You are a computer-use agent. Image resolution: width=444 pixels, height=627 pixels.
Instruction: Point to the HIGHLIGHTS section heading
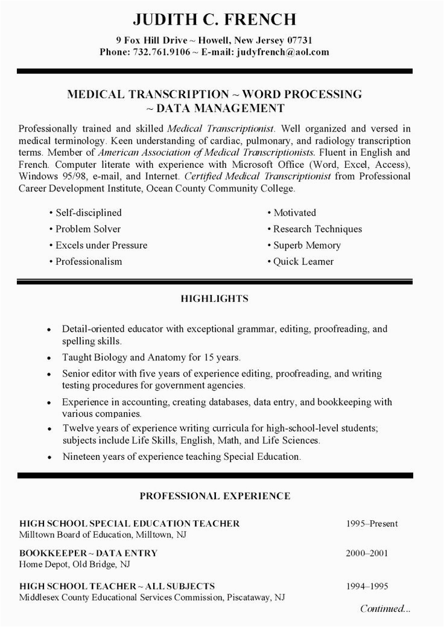click(x=215, y=298)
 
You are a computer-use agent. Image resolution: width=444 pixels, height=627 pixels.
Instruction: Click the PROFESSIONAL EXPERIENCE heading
click(x=215, y=496)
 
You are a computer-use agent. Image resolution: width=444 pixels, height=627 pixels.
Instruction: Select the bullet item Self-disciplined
click(x=89, y=213)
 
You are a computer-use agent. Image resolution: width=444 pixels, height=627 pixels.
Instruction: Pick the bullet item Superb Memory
click(x=306, y=246)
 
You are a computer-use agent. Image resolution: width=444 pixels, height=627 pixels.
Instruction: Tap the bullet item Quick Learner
click(x=303, y=262)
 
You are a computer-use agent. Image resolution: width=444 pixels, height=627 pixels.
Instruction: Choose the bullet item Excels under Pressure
click(x=101, y=246)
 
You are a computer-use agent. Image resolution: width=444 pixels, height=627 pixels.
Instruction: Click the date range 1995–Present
click(x=372, y=524)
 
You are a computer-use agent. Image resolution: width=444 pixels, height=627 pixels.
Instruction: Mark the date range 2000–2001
click(x=367, y=553)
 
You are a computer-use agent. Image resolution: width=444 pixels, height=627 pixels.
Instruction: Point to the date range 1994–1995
click(x=367, y=586)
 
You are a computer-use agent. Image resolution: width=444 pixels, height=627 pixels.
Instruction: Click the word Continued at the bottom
click(x=384, y=609)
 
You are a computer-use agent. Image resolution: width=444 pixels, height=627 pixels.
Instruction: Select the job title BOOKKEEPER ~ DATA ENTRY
click(x=88, y=553)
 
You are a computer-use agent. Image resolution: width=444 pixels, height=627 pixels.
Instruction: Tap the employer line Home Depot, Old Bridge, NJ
click(x=74, y=565)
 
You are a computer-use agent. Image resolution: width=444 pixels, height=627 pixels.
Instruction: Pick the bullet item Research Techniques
click(x=317, y=229)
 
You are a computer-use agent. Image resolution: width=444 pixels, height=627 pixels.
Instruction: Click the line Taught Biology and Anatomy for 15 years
click(x=151, y=357)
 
